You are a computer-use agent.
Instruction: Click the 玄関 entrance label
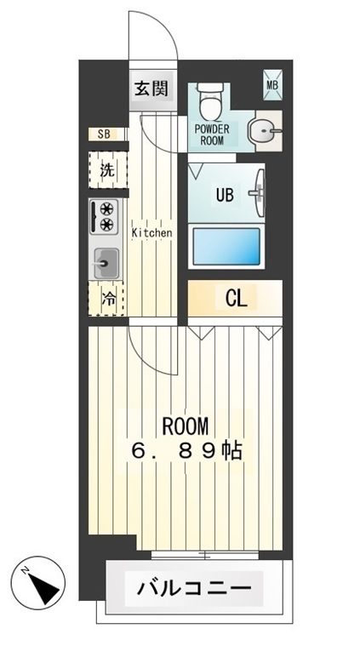click(154, 88)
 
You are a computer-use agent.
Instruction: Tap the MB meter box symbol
click(272, 83)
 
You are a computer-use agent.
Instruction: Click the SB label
click(104, 134)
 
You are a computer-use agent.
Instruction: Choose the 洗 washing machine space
click(107, 169)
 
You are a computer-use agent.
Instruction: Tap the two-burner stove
click(106, 216)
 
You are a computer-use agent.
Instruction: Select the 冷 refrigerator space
click(108, 299)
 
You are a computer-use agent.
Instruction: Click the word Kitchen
click(151, 232)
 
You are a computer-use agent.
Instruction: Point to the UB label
click(224, 194)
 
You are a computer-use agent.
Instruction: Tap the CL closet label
click(236, 298)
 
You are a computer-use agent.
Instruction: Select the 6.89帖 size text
click(186, 451)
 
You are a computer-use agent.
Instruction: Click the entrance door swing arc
click(166, 38)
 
